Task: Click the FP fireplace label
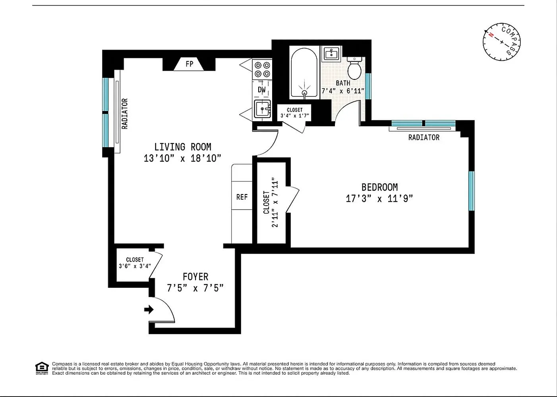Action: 189,64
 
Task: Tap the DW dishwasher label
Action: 261,90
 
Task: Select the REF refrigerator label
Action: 242,197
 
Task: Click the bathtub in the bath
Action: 304,72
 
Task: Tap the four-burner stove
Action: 262,69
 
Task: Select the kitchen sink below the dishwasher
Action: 262,109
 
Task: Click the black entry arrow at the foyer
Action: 149,309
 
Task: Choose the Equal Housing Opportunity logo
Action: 42,368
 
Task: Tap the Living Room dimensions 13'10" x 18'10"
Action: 182,158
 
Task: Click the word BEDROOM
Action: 379,187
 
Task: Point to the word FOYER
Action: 195,276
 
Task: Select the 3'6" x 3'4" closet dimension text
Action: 135,266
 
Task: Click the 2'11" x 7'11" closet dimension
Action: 275,202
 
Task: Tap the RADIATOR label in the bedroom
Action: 424,137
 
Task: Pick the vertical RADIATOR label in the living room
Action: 125,114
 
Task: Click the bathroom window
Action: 368,86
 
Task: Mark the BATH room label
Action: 343,83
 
